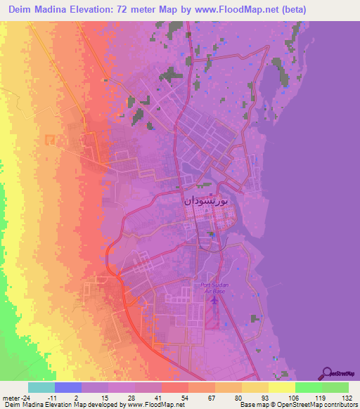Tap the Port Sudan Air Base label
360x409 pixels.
tap(213, 287)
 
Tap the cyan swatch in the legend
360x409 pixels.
tap(41, 387)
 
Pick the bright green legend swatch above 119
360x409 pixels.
tap(309, 387)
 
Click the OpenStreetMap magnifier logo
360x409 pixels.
tap(327, 372)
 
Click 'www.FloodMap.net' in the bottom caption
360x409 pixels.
tap(159, 405)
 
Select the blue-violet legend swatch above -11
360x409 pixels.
tap(68, 387)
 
